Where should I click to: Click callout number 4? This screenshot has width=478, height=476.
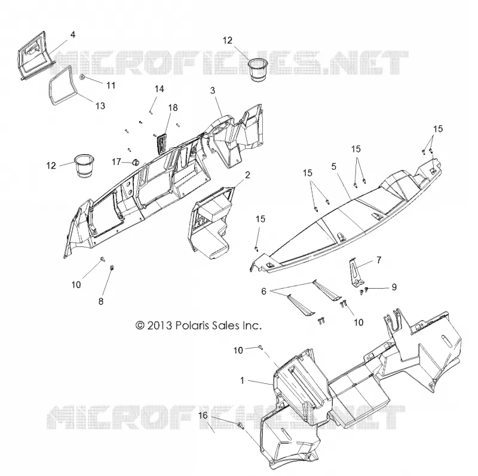pos(72,35)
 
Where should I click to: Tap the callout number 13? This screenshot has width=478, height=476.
pos(100,106)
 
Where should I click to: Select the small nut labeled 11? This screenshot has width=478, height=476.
pos(82,77)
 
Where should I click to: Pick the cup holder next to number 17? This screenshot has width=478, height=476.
pos(84,166)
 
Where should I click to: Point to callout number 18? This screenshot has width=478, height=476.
pos(173,108)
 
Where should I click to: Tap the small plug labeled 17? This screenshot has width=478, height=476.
pos(136,162)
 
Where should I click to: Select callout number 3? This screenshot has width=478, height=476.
pos(213,90)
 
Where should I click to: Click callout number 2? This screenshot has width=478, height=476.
pos(247,175)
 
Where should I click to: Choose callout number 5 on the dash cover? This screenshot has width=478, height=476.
pos(334,167)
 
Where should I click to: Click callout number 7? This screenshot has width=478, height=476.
pos(379,260)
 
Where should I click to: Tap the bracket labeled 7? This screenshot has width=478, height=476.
pos(356,273)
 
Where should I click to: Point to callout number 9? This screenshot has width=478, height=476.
pos(394,287)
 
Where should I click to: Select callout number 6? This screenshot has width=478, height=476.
pos(263,291)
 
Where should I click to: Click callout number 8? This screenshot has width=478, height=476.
pos(101,301)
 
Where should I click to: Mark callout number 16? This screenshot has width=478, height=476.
pos(203,416)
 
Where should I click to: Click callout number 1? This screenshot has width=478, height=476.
pos(242,380)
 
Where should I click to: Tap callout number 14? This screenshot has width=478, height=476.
pos(159,89)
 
